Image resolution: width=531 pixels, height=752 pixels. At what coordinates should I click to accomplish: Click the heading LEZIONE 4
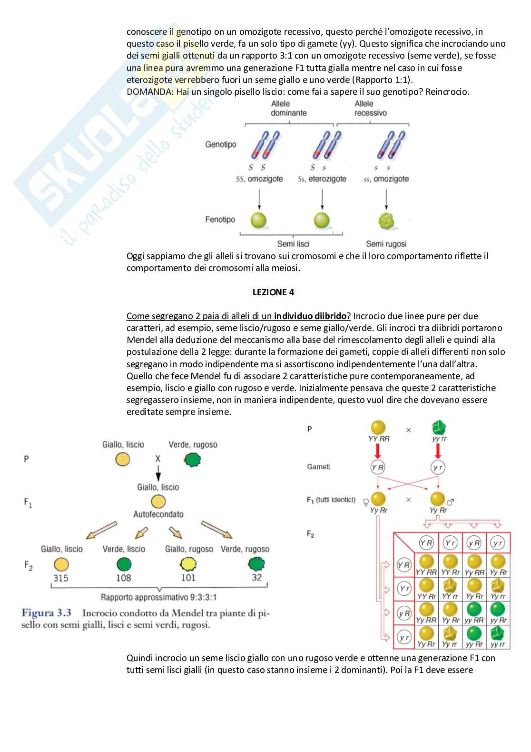273,292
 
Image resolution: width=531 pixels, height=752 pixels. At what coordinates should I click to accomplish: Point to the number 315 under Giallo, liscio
61,578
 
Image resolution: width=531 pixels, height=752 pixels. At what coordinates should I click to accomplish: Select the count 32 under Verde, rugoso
257,578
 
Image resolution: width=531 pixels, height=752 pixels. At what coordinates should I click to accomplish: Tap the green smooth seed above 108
124,564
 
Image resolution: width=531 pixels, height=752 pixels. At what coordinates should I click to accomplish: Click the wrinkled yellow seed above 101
188,564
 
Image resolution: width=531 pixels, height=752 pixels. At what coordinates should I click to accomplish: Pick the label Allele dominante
289,109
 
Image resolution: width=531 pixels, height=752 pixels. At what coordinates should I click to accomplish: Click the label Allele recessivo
370,109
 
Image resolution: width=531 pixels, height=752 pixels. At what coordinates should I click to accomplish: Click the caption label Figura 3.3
47,613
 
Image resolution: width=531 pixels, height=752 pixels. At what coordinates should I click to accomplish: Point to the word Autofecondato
158,514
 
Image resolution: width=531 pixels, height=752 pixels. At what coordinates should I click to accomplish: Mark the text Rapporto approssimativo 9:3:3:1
158,597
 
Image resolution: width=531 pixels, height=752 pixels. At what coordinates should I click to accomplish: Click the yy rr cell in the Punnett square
498,644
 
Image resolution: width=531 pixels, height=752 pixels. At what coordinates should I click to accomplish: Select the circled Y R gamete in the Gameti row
377,467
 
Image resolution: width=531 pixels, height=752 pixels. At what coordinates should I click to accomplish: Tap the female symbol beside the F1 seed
366,502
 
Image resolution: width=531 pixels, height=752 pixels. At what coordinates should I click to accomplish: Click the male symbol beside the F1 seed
451,501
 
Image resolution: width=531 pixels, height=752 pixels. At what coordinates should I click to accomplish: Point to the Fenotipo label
220,220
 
